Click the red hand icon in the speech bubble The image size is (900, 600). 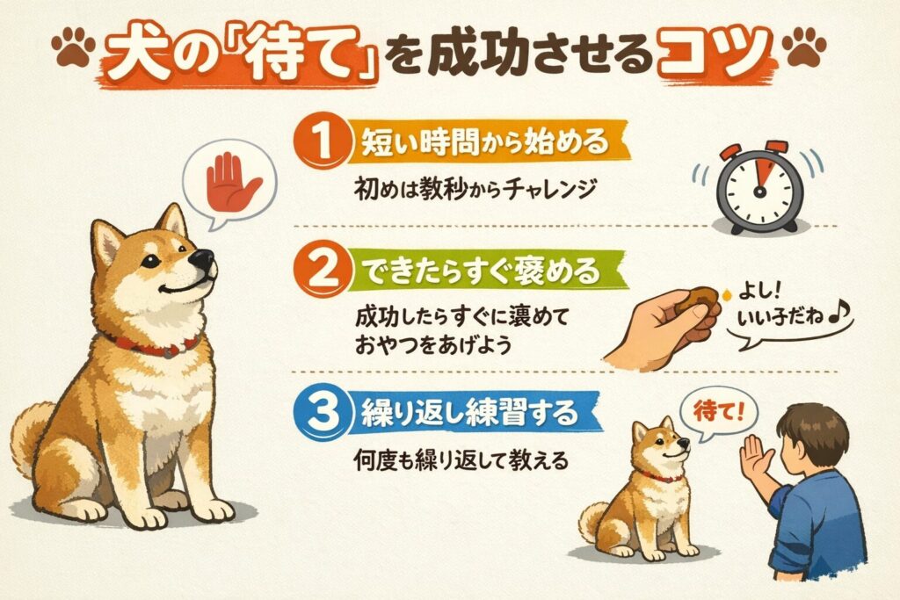click(x=232, y=182)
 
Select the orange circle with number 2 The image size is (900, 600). click(x=323, y=268)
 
